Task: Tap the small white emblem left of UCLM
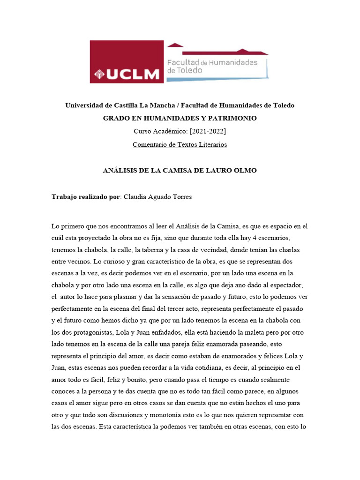tap(99, 74)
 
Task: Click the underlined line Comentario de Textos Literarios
tap(180, 144)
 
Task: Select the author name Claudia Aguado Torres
tap(157, 197)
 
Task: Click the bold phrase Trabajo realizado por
tap(86, 197)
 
